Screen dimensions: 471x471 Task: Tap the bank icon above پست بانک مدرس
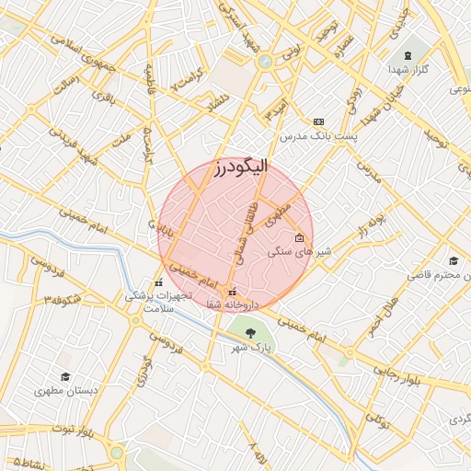click(x=319, y=121)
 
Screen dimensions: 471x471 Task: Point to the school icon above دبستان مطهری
click(x=64, y=377)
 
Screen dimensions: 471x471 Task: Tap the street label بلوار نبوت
click(x=75, y=430)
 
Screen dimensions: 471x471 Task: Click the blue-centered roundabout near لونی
click(x=266, y=62)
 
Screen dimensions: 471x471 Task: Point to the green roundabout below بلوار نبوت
click(x=117, y=453)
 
